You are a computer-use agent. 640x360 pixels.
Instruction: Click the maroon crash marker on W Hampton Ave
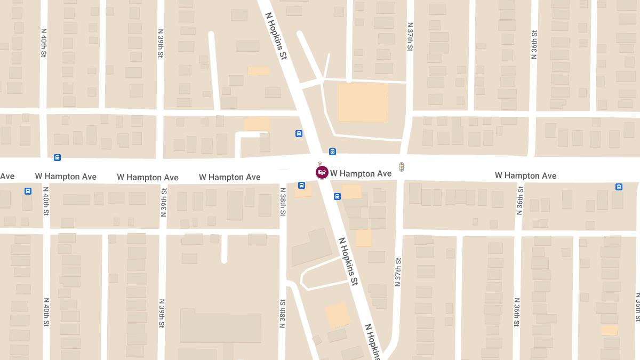coord(322,172)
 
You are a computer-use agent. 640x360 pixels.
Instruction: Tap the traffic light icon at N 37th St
coord(402,167)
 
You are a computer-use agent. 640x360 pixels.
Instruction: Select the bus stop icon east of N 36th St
coord(619,187)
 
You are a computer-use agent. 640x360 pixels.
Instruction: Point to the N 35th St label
coord(637,307)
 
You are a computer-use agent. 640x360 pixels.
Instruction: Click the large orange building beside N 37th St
coord(363,102)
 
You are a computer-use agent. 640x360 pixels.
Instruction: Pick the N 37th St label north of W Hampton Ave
coord(410,37)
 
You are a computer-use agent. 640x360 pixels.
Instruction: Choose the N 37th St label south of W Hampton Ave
coord(397,271)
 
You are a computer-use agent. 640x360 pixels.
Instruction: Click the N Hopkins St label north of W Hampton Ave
coord(277,37)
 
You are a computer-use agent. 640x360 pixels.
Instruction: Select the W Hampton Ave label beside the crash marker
coord(361,173)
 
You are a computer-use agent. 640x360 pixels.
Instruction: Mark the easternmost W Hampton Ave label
coord(525,175)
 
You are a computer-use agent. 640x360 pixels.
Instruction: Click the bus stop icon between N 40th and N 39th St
coord(57,157)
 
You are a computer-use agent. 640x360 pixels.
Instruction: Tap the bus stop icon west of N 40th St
coord(28,191)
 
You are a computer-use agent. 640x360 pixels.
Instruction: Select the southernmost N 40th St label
coord(46,312)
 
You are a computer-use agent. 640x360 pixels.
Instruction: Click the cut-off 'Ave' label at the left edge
coord(7,176)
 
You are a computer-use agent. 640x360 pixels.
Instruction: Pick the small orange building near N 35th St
coord(609,330)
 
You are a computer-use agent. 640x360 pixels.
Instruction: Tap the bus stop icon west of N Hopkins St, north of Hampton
coord(299,133)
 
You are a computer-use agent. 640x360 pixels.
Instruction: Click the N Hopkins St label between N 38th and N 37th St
coord(348,262)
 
